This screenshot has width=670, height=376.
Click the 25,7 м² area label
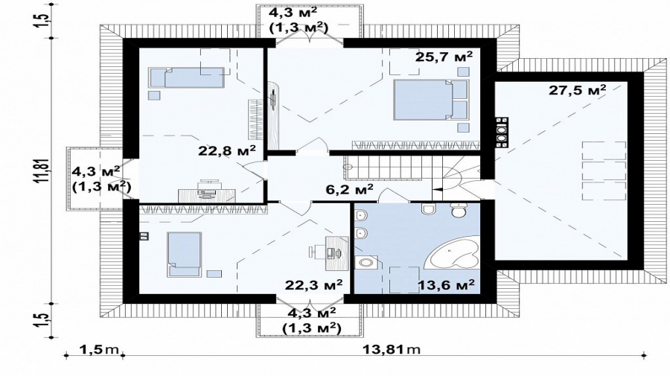(x=444, y=56)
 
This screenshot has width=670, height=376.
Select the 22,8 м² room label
(x=227, y=150)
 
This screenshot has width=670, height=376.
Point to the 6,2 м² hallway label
(x=350, y=189)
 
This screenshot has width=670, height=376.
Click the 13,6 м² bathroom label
(x=446, y=284)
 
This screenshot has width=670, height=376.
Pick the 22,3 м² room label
(x=314, y=284)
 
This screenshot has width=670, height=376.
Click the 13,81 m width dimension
(x=392, y=349)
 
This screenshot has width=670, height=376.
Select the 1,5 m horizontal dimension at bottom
(x=99, y=349)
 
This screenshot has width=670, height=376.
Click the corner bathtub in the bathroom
(x=456, y=252)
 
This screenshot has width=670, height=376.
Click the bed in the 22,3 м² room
(x=184, y=254)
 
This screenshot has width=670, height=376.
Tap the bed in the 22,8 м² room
(x=187, y=77)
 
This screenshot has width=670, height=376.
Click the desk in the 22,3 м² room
(x=334, y=253)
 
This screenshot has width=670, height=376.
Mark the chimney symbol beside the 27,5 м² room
(x=501, y=133)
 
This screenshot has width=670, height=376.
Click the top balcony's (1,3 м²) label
(x=299, y=28)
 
